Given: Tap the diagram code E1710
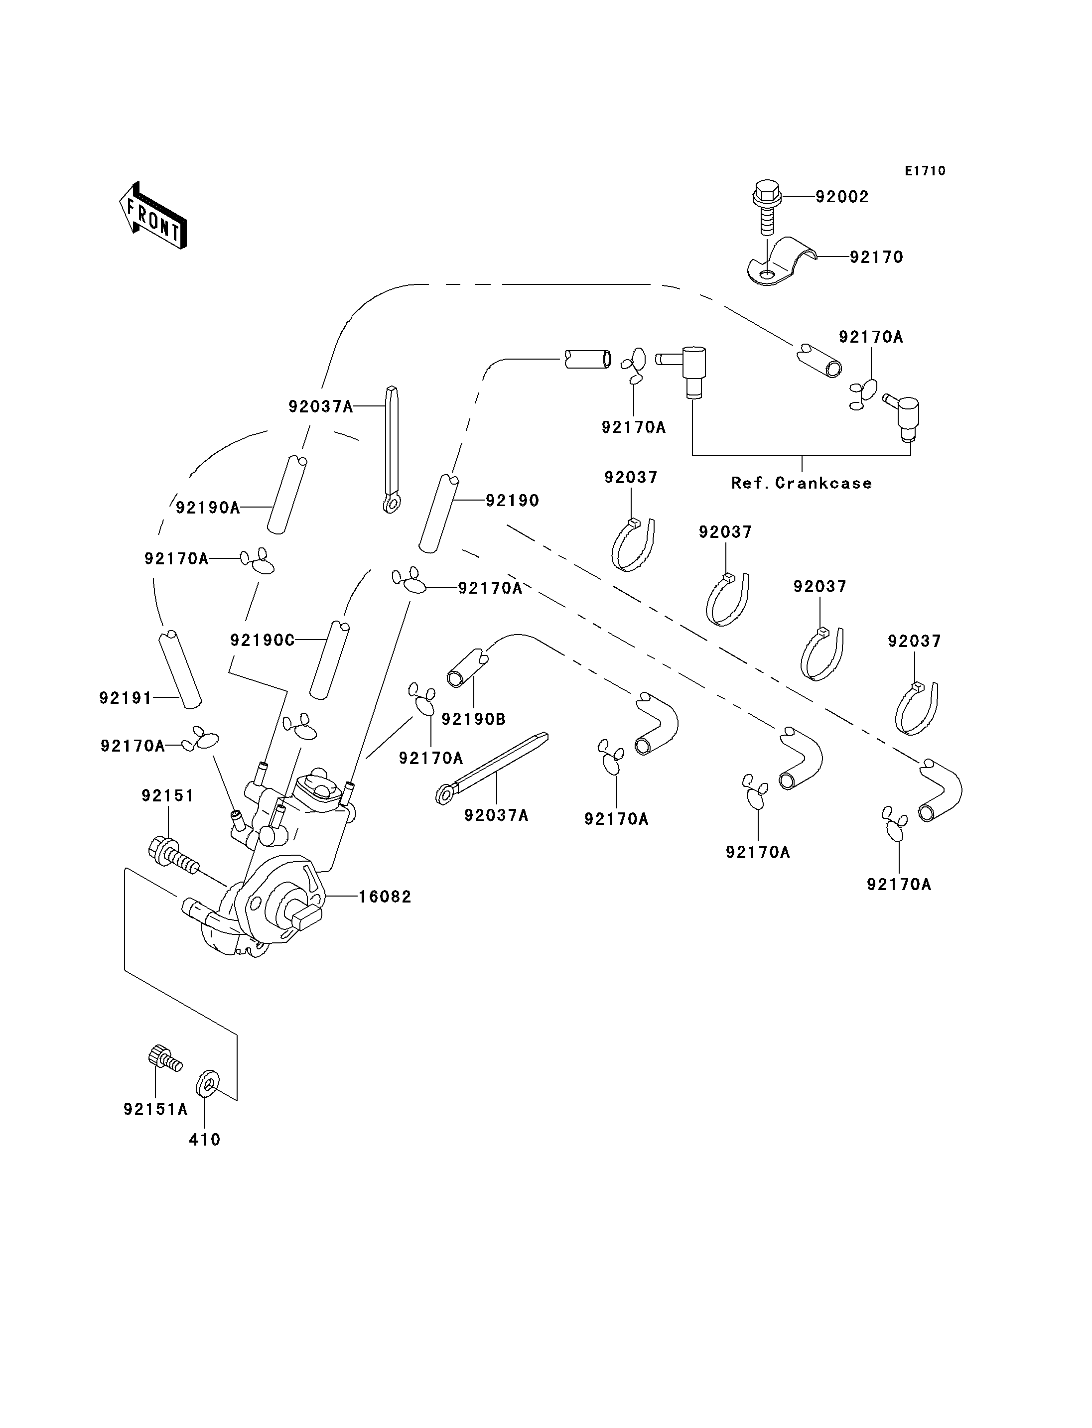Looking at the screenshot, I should click(925, 171).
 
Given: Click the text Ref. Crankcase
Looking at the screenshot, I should click(802, 483).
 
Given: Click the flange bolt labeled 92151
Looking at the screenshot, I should click(171, 853).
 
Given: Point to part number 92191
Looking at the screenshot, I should click(126, 698).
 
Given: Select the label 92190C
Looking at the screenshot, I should click(262, 640).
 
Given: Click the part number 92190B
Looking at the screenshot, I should click(473, 720).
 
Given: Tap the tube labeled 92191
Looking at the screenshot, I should click(180, 669).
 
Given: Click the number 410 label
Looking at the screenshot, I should click(205, 1140).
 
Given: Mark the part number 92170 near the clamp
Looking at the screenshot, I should click(876, 258).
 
